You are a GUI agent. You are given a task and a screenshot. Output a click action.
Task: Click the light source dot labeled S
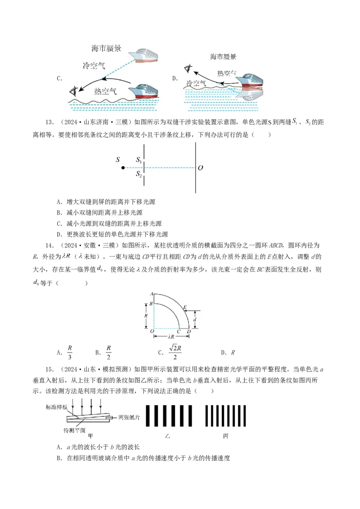(x=123, y=168)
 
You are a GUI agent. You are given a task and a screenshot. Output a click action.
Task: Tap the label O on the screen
(x=200, y=168)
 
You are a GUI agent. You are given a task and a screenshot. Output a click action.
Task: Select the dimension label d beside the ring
(x=194, y=320)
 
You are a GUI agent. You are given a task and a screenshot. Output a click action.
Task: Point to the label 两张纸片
(x=129, y=417)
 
